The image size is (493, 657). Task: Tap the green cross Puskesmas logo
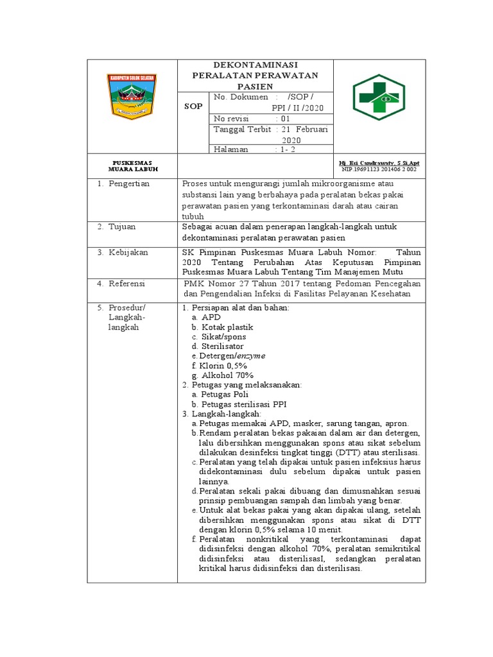click(x=379, y=97)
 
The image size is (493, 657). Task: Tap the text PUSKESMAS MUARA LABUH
click(x=132, y=166)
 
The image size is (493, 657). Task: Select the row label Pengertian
click(x=128, y=183)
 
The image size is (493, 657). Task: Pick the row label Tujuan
click(x=122, y=227)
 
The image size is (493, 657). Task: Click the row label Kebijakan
click(x=127, y=252)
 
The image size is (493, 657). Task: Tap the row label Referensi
click(x=127, y=283)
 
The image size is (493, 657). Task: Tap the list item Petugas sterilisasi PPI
click(x=244, y=404)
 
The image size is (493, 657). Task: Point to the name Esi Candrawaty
click(x=371, y=163)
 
